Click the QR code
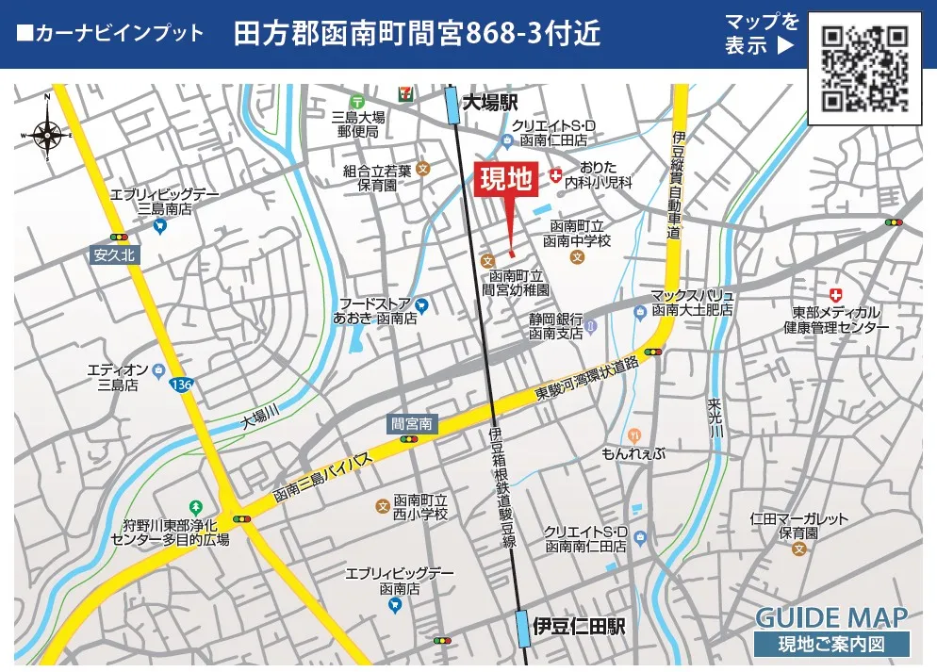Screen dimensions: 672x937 [x=864, y=67]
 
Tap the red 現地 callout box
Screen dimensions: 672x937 [x=507, y=179]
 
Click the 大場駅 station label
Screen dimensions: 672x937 [x=491, y=103]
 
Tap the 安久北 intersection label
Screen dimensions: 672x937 [x=115, y=254]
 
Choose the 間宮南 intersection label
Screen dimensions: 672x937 [x=412, y=424]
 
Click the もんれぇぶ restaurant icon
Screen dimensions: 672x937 [x=634, y=435]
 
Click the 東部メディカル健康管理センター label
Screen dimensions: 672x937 [x=836, y=320]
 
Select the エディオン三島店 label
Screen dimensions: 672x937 [x=118, y=377]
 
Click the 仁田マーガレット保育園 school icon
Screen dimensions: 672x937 [x=799, y=549]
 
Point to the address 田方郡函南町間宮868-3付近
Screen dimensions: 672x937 [x=417, y=34]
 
